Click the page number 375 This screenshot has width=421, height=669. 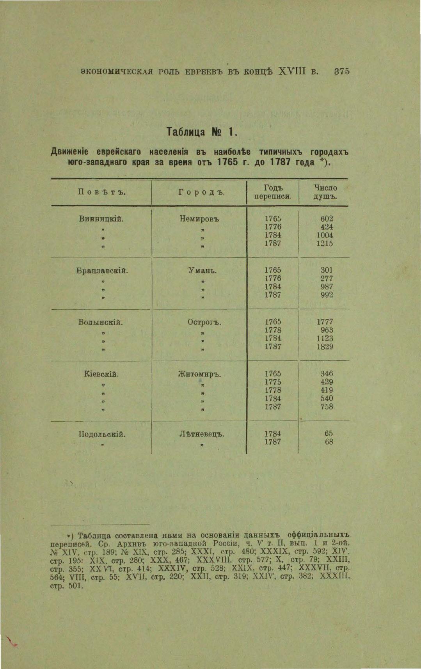(341, 72)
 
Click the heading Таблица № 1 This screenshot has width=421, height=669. (201, 132)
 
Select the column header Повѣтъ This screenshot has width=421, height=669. (101, 192)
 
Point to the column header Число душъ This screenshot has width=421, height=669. (325, 192)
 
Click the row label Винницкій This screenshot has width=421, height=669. (101, 219)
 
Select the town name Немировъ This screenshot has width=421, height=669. (199, 219)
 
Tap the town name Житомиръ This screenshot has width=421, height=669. (199, 374)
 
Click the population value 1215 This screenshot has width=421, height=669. (325, 243)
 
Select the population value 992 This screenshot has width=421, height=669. (327, 295)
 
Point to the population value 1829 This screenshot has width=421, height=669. (325, 346)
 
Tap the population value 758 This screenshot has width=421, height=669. (327, 406)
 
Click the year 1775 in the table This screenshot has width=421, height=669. (273, 382)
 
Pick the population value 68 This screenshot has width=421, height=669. (329, 442)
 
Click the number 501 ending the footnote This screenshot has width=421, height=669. (75, 586)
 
